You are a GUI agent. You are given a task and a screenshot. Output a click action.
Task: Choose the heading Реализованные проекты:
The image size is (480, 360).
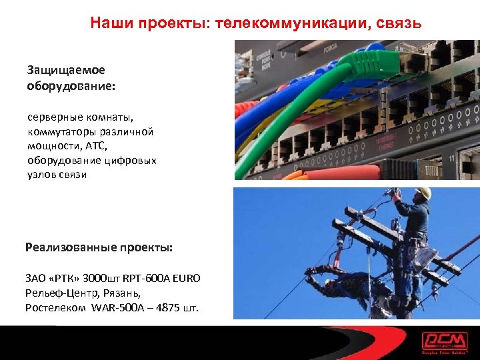[99, 247]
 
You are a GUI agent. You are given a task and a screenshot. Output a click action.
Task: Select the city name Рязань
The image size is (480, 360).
[123, 293]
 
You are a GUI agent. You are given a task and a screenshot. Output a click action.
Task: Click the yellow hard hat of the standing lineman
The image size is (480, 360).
[422, 193]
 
